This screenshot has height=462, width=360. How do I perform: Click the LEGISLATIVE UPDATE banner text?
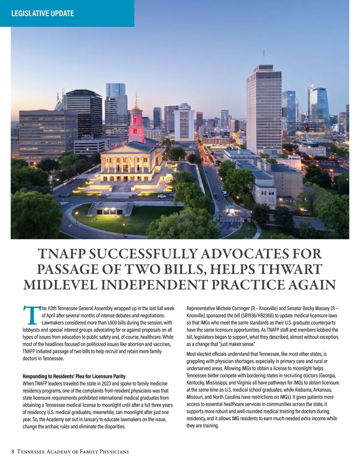pos(42,13)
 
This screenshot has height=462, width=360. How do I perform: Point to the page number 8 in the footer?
pos(13,451)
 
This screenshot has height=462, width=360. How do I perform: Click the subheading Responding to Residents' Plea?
pos(74,376)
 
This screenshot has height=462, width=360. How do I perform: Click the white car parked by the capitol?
pos(162,196)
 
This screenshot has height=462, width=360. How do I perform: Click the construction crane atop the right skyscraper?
pos(311,82)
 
